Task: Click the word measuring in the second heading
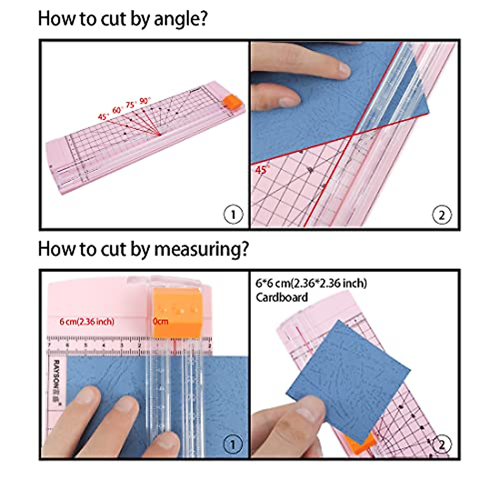coord(201,249)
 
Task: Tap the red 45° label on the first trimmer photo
coord(103,116)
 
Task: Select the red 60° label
coord(117,110)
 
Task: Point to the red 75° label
coord(131,104)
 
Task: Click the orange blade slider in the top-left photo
coord(231,102)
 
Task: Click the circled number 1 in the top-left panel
coord(233,215)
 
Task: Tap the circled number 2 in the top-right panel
coord(442,215)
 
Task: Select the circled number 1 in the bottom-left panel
coord(233,445)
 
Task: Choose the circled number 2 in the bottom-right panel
coord(442,445)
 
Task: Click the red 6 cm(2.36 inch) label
coord(87,321)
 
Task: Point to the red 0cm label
coord(160,321)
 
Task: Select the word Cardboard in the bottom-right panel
coord(282,297)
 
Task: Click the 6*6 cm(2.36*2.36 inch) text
coord(311,283)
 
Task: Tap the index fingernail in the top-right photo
coord(343,69)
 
